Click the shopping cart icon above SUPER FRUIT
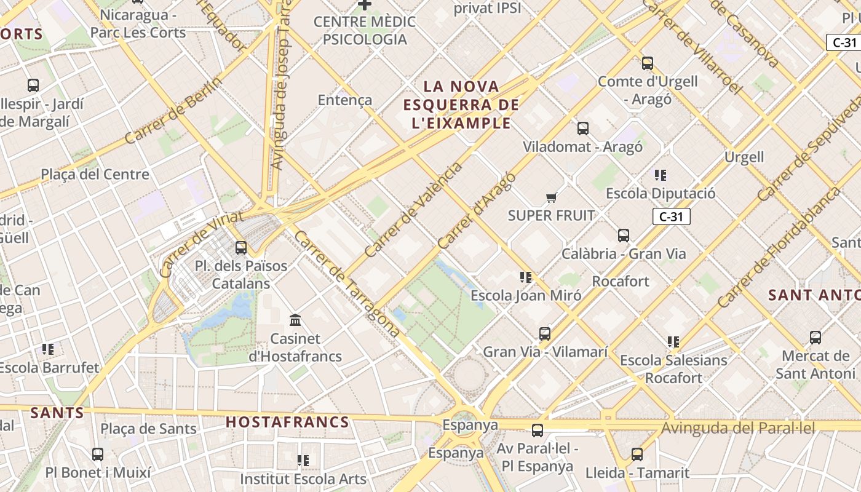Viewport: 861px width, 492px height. tap(551, 197)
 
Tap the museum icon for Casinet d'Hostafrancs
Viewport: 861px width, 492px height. tap(295, 320)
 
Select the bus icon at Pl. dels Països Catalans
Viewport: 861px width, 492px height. tap(241, 248)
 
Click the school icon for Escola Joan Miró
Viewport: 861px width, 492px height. tap(526, 277)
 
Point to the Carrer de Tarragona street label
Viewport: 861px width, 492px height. tap(347, 284)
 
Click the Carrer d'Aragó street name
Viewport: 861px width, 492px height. tap(477, 210)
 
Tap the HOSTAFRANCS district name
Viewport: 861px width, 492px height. tap(287, 423)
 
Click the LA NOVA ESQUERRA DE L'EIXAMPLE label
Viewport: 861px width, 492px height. tap(461, 105)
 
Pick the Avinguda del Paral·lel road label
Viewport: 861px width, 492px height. tap(738, 428)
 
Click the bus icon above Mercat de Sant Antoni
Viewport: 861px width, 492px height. tap(815, 337)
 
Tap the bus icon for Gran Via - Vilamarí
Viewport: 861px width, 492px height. tap(545, 334)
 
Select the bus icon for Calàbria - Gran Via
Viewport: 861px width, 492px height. tap(624, 236)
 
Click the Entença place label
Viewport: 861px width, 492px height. tap(345, 100)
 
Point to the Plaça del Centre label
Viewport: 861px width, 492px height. tap(95, 174)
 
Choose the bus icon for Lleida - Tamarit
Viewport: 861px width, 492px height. tap(637, 454)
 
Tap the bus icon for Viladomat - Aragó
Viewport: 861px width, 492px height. tap(583, 129)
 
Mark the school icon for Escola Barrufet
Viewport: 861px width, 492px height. tap(48, 349)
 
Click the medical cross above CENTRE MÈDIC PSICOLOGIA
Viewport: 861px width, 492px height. tap(365, 5)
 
